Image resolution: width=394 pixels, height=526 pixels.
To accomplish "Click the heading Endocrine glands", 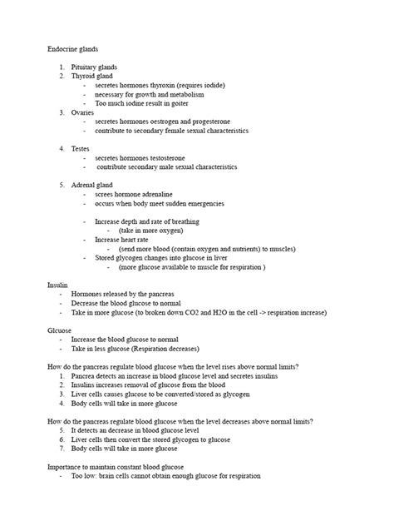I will pos(72,50).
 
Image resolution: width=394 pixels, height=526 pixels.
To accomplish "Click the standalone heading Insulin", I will pos(58,285).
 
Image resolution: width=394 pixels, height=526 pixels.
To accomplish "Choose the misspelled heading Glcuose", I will pos(61,330).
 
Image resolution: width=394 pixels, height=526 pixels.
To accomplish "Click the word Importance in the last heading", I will pos(66,467).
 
